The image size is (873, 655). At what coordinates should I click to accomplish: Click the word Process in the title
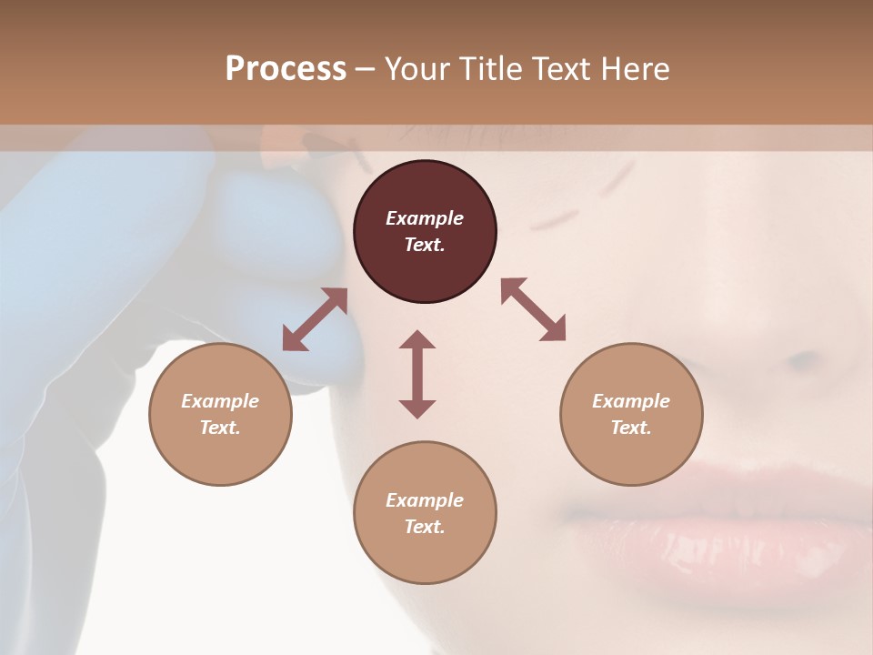click(x=286, y=69)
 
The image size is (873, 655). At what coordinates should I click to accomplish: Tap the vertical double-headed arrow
click(x=417, y=374)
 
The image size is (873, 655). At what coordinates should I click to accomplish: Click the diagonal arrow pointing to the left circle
click(x=315, y=318)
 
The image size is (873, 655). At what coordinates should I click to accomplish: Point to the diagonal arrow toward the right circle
click(x=534, y=309)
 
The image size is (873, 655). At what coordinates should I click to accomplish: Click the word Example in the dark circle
click(x=425, y=218)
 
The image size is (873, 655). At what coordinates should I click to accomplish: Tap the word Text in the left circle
click(x=220, y=428)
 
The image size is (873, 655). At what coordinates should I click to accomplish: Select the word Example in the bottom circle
click(x=425, y=500)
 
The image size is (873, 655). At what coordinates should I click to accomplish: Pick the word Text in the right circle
click(x=631, y=428)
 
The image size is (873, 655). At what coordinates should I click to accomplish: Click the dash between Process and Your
click(x=365, y=69)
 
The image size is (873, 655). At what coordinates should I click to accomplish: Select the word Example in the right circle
click(x=631, y=401)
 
